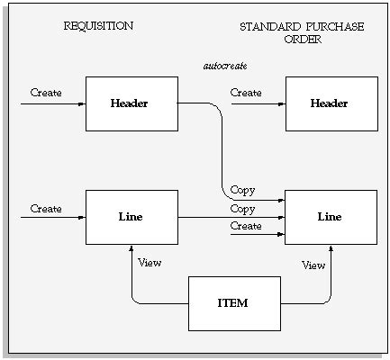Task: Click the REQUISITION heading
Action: point(97,26)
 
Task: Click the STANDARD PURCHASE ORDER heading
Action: point(302,33)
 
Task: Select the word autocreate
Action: point(225,67)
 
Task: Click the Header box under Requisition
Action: point(132,103)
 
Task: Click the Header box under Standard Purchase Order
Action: point(331,103)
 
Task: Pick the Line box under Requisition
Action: point(132,217)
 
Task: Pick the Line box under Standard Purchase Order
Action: point(331,217)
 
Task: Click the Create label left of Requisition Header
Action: point(46,93)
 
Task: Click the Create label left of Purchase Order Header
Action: point(246,93)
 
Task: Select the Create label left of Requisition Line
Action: point(46,209)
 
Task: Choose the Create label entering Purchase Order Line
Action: point(246,226)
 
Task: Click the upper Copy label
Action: point(242,191)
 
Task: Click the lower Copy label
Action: point(242,209)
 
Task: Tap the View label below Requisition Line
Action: point(150,263)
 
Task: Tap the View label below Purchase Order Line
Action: point(313,265)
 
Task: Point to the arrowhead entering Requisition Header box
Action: point(83,103)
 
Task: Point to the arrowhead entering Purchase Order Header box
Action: point(282,103)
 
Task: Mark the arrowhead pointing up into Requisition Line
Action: point(132,247)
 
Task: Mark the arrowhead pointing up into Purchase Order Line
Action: point(331,247)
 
